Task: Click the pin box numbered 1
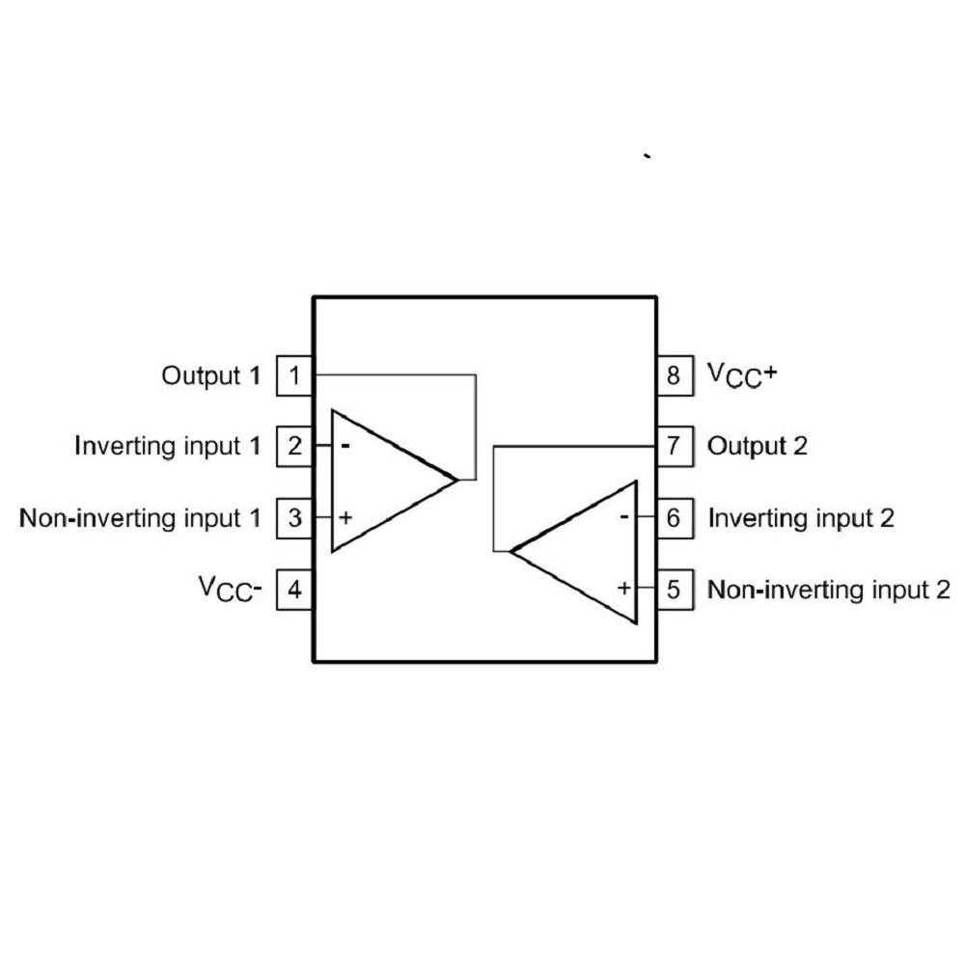pos(294,375)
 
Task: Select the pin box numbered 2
pos(294,446)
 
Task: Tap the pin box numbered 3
pos(294,518)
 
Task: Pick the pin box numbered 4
pos(294,590)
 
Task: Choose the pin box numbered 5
pos(675,590)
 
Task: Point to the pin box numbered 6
pos(675,518)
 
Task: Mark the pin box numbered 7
pos(675,446)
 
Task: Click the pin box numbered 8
pos(675,375)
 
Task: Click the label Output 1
pos(211,376)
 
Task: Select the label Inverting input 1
pos(167,446)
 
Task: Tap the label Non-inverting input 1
pos(140,518)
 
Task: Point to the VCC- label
pos(231,589)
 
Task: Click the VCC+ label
pos(742,375)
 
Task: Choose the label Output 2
pos(757,446)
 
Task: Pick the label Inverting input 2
pos(801,518)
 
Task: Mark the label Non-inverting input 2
pos(829,590)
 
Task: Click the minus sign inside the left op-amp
pos(345,446)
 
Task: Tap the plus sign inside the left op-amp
pos(345,517)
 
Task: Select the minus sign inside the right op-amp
pos(624,516)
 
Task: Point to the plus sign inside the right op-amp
pos(624,588)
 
